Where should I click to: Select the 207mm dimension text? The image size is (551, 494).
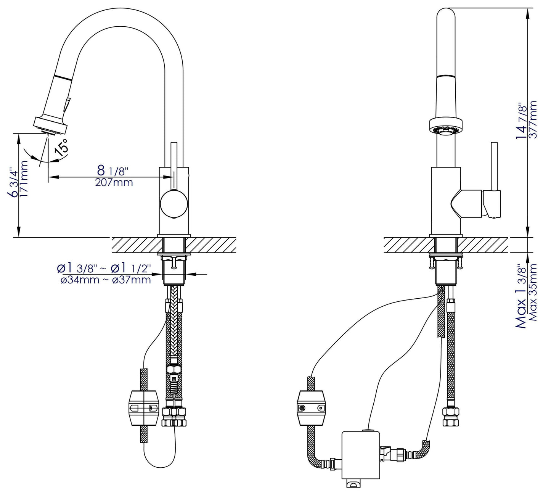coord(114,183)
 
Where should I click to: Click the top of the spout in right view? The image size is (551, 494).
coord(446,13)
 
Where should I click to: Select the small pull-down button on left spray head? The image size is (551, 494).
coord(67,105)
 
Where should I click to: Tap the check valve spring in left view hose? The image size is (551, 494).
coord(174,391)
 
